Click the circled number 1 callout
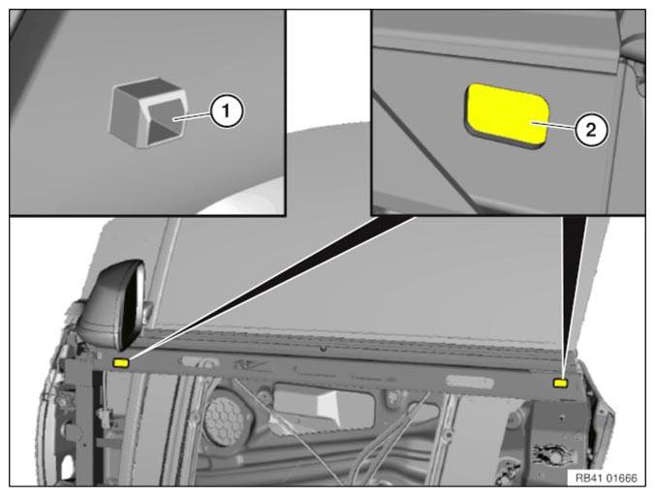pyautogui.click(x=226, y=111)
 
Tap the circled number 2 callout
pyautogui.click(x=591, y=130)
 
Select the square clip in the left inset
pyautogui.click(x=147, y=112)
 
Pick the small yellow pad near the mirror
pyautogui.click(x=121, y=363)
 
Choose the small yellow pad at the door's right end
pyautogui.click(x=560, y=383)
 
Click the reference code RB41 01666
pyautogui.click(x=607, y=478)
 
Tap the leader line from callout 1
pyautogui.click(x=191, y=116)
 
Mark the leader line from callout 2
pyautogui.click(x=553, y=126)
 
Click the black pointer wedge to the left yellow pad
pyautogui.click(x=267, y=288)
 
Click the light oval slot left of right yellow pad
pyautogui.click(x=470, y=381)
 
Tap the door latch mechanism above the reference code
pyautogui.click(x=551, y=455)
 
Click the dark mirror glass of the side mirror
pyautogui.click(x=129, y=307)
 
